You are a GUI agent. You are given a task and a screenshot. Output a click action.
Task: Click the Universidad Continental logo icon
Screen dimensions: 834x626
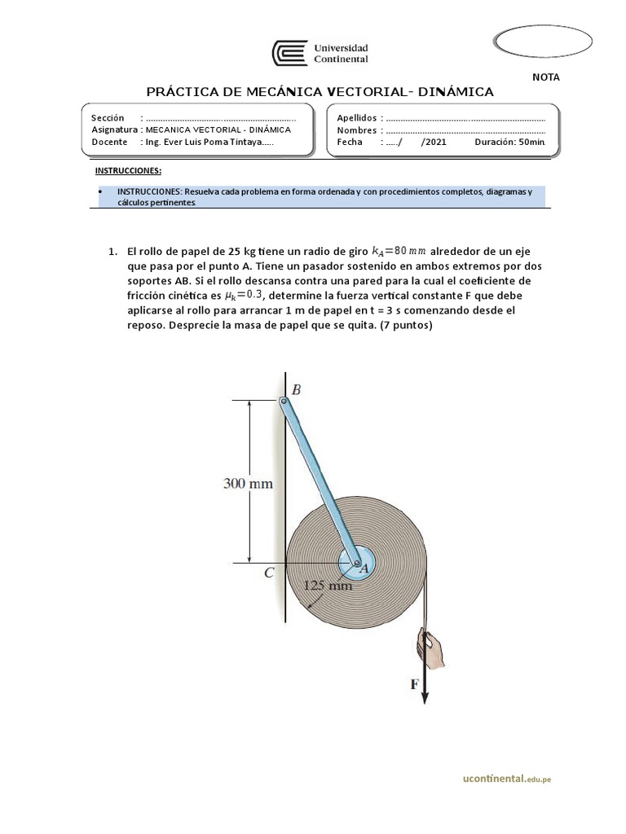290,54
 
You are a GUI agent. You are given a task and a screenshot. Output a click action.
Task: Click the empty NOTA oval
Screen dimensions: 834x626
544,42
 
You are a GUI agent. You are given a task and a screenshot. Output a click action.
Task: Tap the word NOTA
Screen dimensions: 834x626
545,77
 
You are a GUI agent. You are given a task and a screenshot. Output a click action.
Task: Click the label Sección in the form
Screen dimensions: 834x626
108,118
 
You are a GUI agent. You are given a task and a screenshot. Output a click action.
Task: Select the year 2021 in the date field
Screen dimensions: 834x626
434,142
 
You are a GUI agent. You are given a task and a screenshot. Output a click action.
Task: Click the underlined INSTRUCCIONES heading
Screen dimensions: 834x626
128,170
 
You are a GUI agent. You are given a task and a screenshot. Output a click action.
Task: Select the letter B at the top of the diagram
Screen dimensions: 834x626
296,390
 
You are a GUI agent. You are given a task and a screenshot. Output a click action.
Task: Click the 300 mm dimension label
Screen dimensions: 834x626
248,483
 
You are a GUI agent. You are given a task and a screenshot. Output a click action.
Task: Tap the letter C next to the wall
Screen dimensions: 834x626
269,573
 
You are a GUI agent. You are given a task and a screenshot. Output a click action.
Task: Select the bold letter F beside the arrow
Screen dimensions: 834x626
414,685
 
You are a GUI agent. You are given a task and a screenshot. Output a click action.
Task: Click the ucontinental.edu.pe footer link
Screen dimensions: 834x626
506,779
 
